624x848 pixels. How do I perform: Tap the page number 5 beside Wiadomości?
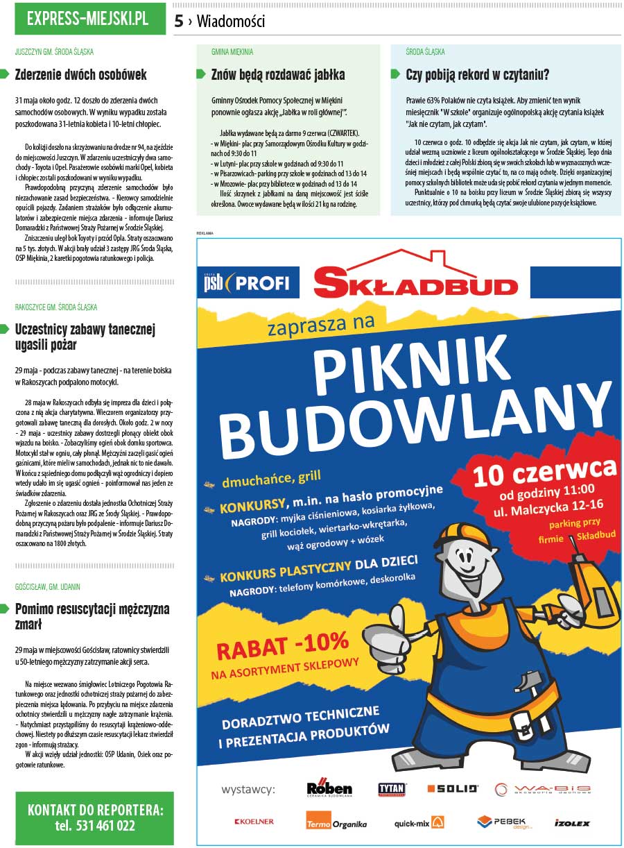pyautogui.click(x=179, y=22)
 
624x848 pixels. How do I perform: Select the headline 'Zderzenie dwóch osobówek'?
pyautogui.click(x=81, y=75)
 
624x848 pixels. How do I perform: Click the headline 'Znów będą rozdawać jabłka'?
pyautogui.click(x=278, y=75)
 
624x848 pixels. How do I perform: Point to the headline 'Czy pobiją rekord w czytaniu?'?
pyautogui.click(x=478, y=75)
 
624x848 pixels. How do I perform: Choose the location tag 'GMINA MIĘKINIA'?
pyautogui.click(x=232, y=52)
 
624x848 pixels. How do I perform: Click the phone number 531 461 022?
pyautogui.click(x=95, y=826)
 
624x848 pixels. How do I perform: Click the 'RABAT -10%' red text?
pyautogui.click(x=282, y=646)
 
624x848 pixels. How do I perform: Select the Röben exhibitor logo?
pyautogui.click(x=329, y=789)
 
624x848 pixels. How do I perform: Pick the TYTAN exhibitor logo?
pyautogui.click(x=392, y=789)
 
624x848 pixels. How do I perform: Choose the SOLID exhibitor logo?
pyautogui.click(x=453, y=789)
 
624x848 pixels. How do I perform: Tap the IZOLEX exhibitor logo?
pyautogui.click(x=572, y=823)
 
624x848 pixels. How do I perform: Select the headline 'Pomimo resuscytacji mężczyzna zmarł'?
pyautogui.click(x=92, y=616)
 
